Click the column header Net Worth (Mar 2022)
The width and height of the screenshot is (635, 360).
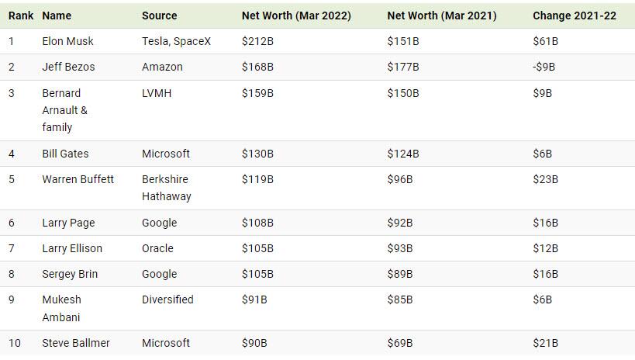(296, 16)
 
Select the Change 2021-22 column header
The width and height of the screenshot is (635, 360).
(575, 16)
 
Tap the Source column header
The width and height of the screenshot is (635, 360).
(159, 16)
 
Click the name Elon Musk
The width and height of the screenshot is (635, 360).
(67, 41)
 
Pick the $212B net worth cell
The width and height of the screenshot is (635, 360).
(257, 41)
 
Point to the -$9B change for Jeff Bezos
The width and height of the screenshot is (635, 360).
(544, 67)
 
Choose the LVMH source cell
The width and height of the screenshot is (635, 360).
(157, 93)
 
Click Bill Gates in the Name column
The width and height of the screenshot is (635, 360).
(65, 154)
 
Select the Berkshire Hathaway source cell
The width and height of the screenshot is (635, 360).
(166, 188)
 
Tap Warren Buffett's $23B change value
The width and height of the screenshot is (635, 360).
(545, 179)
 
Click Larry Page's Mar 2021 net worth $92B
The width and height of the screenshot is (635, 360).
(400, 223)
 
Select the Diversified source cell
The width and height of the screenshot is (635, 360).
(167, 299)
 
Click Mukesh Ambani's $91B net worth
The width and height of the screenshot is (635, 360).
(254, 299)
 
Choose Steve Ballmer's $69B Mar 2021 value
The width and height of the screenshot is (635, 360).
(400, 343)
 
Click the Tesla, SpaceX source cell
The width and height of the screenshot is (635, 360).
(176, 41)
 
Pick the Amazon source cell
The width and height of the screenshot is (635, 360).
(162, 67)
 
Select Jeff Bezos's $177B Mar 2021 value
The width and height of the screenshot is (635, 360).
(403, 67)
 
